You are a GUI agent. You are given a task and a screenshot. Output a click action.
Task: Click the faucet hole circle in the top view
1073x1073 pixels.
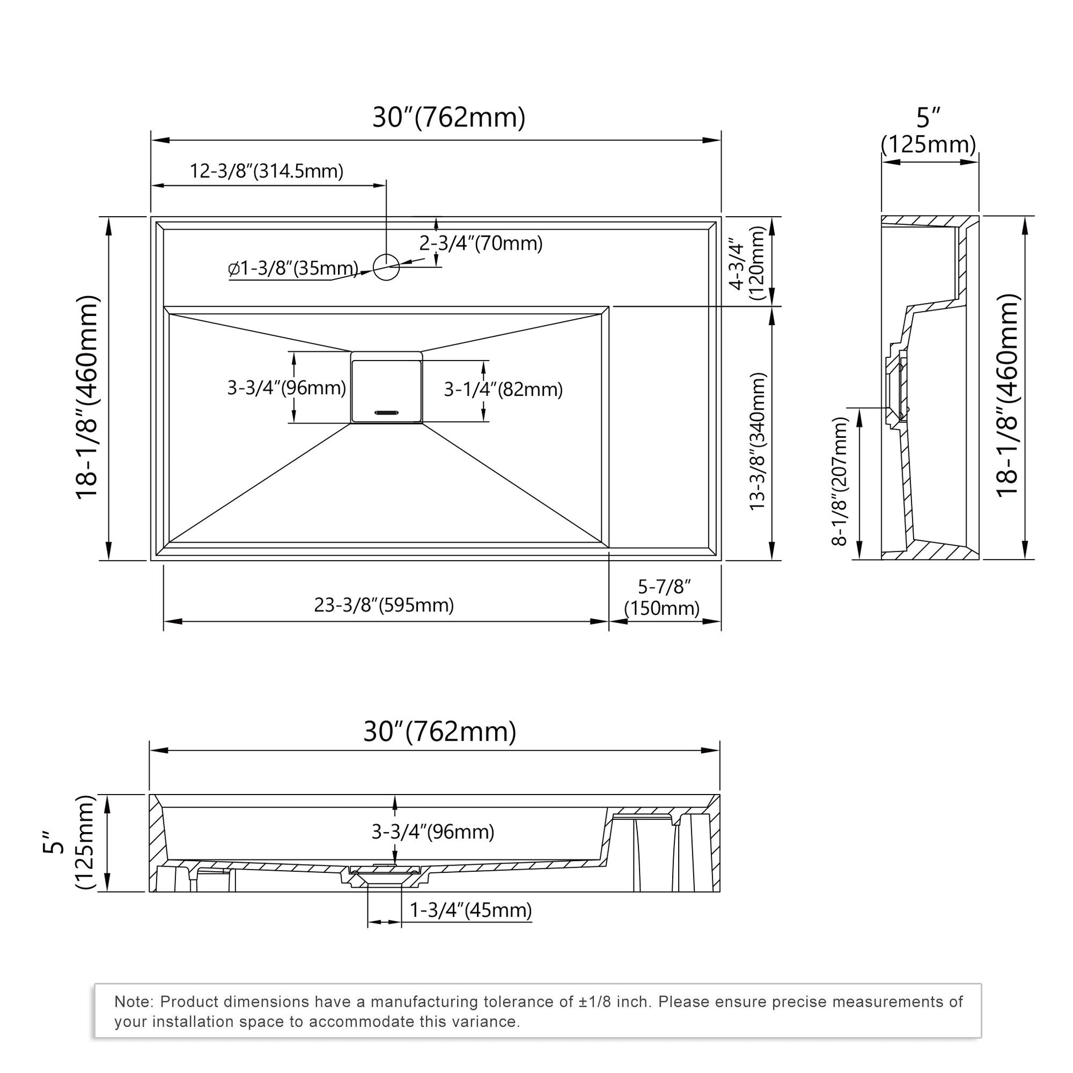pyautogui.click(x=386, y=266)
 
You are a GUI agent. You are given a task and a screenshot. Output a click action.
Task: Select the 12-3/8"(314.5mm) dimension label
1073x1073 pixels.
pyautogui.click(x=266, y=170)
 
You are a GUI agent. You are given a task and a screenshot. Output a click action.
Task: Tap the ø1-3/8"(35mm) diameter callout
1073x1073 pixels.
pyautogui.click(x=293, y=268)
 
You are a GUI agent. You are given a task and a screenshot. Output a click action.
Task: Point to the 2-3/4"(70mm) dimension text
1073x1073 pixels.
pyautogui.click(x=480, y=243)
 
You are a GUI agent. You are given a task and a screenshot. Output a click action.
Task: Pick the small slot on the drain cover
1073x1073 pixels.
pyautogui.click(x=387, y=412)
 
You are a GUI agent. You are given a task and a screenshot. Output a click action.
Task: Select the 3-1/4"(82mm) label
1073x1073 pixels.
pyautogui.click(x=503, y=389)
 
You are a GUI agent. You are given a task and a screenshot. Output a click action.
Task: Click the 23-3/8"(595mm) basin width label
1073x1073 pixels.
pyautogui.click(x=384, y=605)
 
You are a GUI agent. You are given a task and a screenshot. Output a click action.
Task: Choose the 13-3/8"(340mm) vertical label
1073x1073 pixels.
pyautogui.click(x=758, y=442)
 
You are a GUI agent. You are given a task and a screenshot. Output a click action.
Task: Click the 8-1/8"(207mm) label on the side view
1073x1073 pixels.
pyautogui.click(x=840, y=481)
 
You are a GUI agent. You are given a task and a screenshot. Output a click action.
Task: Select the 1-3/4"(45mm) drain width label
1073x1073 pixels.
pyautogui.click(x=470, y=910)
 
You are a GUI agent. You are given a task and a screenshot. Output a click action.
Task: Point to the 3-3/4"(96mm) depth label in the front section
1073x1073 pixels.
pyautogui.click(x=433, y=831)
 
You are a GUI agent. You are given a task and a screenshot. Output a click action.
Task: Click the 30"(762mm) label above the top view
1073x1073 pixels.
pyautogui.click(x=449, y=117)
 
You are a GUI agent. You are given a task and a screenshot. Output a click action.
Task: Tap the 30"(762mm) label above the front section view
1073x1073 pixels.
pyautogui.click(x=440, y=732)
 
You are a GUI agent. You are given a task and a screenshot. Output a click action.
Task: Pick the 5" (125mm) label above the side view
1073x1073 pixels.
pyautogui.click(x=928, y=131)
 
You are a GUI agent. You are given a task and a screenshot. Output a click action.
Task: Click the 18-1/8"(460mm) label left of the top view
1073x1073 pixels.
pyautogui.click(x=87, y=398)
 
